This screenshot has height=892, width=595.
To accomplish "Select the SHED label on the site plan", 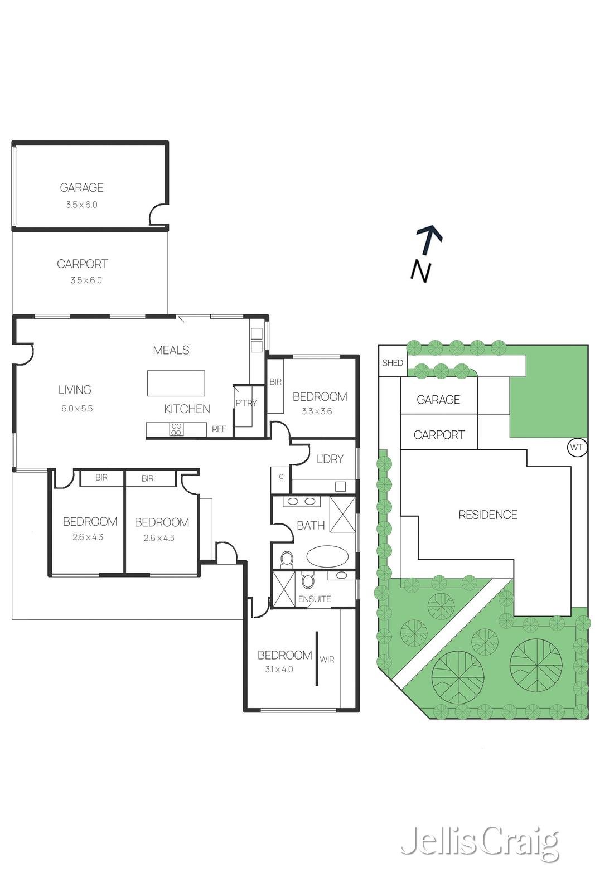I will click(x=392, y=363).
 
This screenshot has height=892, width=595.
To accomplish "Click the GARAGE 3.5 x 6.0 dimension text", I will click(x=81, y=205).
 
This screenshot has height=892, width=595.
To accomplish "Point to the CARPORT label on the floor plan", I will click(x=83, y=264).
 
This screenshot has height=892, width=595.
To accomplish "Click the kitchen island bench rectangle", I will click(x=176, y=384).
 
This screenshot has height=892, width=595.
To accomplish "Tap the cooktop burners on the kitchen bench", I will click(x=176, y=429).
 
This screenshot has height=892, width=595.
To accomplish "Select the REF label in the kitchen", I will click(x=219, y=429).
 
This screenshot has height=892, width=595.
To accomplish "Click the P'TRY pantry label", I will click(x=245, y=403).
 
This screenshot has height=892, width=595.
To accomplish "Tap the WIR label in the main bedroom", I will click(x=327, y=660).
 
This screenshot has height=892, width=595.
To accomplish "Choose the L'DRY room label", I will click(x=330, y=459).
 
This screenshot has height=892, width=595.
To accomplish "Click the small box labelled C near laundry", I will click(x=281, y=477).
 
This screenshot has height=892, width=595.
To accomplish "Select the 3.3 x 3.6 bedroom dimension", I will click(x=317, y=411).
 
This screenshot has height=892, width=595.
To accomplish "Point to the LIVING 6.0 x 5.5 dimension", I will click(x=77, y=408).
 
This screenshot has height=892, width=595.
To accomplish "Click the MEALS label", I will click(x=171, y=350).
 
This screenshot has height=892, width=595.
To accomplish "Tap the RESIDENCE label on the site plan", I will click(x=487, y=515).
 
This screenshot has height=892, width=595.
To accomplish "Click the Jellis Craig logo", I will click(x=479, y=844).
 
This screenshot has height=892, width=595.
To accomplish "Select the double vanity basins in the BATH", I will click(x=301, y=501).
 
